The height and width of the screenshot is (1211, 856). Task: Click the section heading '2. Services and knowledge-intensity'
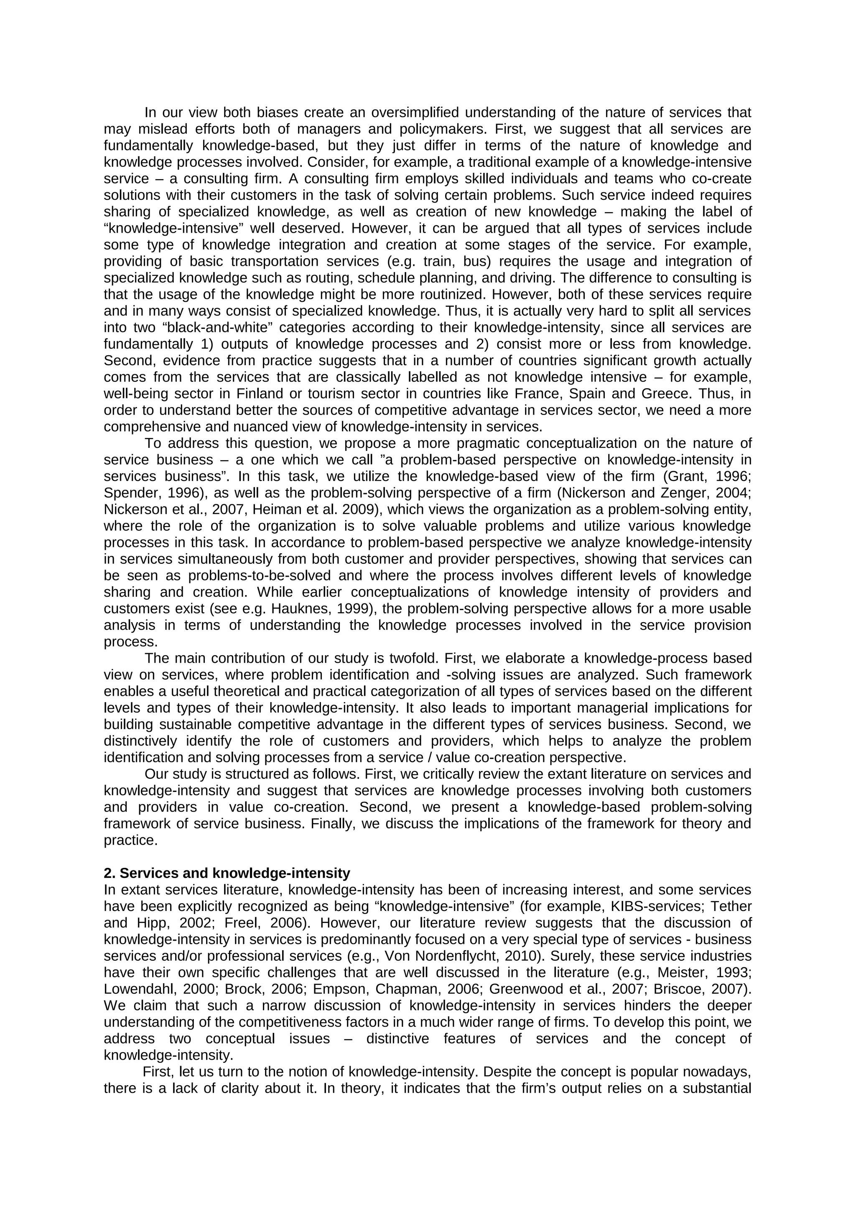coord(227,873)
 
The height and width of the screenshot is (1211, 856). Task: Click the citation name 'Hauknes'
coord(293,609)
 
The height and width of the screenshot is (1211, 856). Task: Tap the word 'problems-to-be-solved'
coord(260,575)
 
